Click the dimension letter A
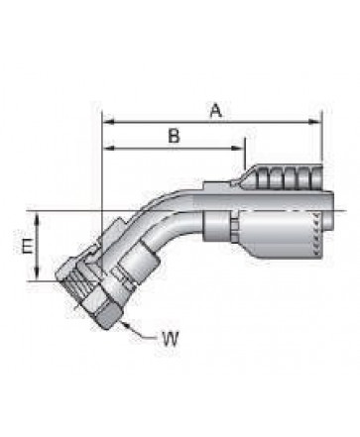click(x=216, y=110)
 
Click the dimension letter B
click(x=174, y=136)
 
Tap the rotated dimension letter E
click(x=28, y=246)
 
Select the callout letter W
click(x=170, y=338)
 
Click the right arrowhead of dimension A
click(x=314, y=122)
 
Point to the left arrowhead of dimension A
click(x=109, y=122)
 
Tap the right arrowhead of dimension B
click(x=239, y=148)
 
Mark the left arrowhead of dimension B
click(x=109, y=148)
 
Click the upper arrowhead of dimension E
click(x=37, y=219)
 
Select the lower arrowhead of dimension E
click(x=37, y=274)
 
